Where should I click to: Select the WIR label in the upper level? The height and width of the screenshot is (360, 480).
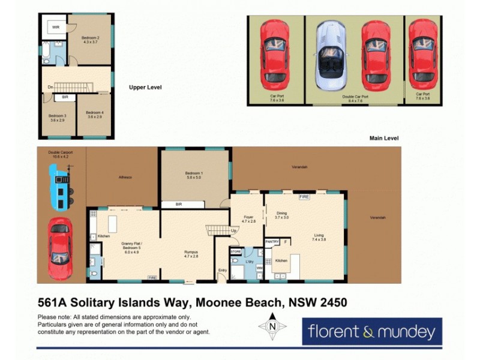point(55,28)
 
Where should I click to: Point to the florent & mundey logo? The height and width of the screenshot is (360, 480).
point(372,331)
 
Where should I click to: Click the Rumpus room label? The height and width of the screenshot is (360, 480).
point(191,254)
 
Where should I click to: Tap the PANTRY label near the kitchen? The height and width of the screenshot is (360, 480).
point(272,241)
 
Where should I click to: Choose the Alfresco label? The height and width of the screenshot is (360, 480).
point(125,178)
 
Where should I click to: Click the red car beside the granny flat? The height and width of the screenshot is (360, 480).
point(60,247)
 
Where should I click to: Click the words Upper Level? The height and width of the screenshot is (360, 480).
point(145,88)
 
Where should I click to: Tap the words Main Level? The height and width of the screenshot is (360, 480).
point(384,139)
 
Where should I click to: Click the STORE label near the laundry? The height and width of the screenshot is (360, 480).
point(236,251)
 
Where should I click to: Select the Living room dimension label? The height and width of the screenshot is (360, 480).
point(319,239)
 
